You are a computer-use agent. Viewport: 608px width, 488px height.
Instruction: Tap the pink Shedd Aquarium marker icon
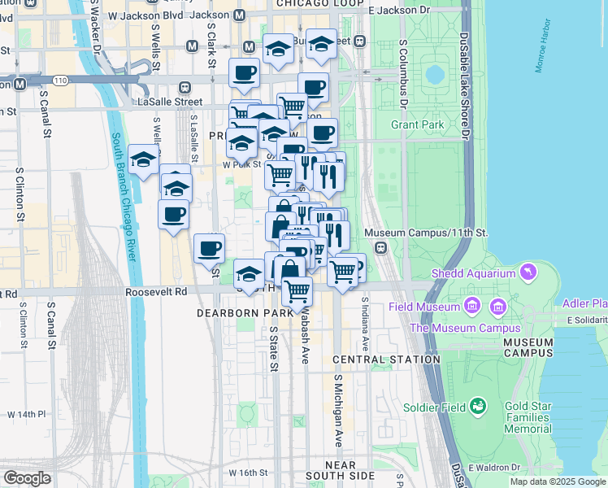point(529,270)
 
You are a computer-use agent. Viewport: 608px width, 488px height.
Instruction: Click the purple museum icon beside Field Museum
point(471,307)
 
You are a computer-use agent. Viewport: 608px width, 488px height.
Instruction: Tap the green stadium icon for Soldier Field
point(478,405)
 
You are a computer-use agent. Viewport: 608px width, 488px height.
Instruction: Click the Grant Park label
point(417,124)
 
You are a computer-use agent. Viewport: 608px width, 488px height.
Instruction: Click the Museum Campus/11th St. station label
point(426,233)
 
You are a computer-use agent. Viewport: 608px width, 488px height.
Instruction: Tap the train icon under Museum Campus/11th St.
point(380,247)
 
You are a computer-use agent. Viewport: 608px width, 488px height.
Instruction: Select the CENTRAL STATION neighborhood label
point(387,359)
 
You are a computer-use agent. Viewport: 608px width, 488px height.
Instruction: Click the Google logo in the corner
point(27,478)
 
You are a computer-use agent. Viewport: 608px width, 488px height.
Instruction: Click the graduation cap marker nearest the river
point(143,161)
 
